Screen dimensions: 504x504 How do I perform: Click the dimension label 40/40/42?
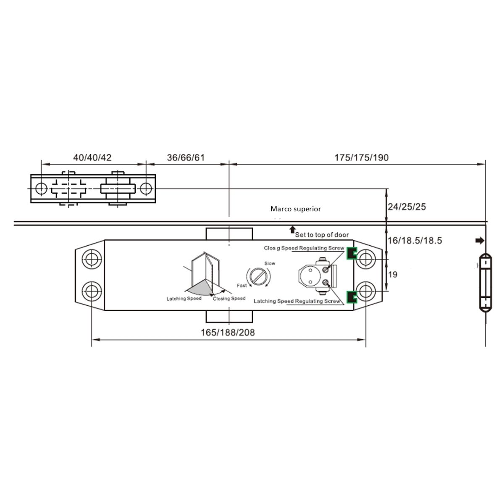(x=92, y=157)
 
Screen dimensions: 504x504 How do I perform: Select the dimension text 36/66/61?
(x=186, y=157)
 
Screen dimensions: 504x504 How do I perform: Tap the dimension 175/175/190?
(x=361, y=157)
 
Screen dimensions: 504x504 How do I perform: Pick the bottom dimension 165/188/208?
(x=228, y=332)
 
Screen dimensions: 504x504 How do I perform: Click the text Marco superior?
(x=296, y=208)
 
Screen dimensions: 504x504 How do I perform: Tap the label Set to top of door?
(x=322, y=234)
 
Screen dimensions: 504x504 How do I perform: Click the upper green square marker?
(x=350, y=253)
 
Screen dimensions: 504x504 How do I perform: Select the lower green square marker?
(x=350, y=297)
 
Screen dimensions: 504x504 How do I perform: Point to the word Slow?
(x=270, y=263)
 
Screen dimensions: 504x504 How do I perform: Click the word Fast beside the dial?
(x=241, y=286)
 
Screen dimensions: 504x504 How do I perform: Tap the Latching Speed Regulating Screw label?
(x=297, y=301)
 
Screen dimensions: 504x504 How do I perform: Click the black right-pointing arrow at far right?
(x=479, y=241)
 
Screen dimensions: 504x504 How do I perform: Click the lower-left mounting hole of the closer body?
(x=91, y=290)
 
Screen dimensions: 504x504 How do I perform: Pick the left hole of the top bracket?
(x=41, y=189)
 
